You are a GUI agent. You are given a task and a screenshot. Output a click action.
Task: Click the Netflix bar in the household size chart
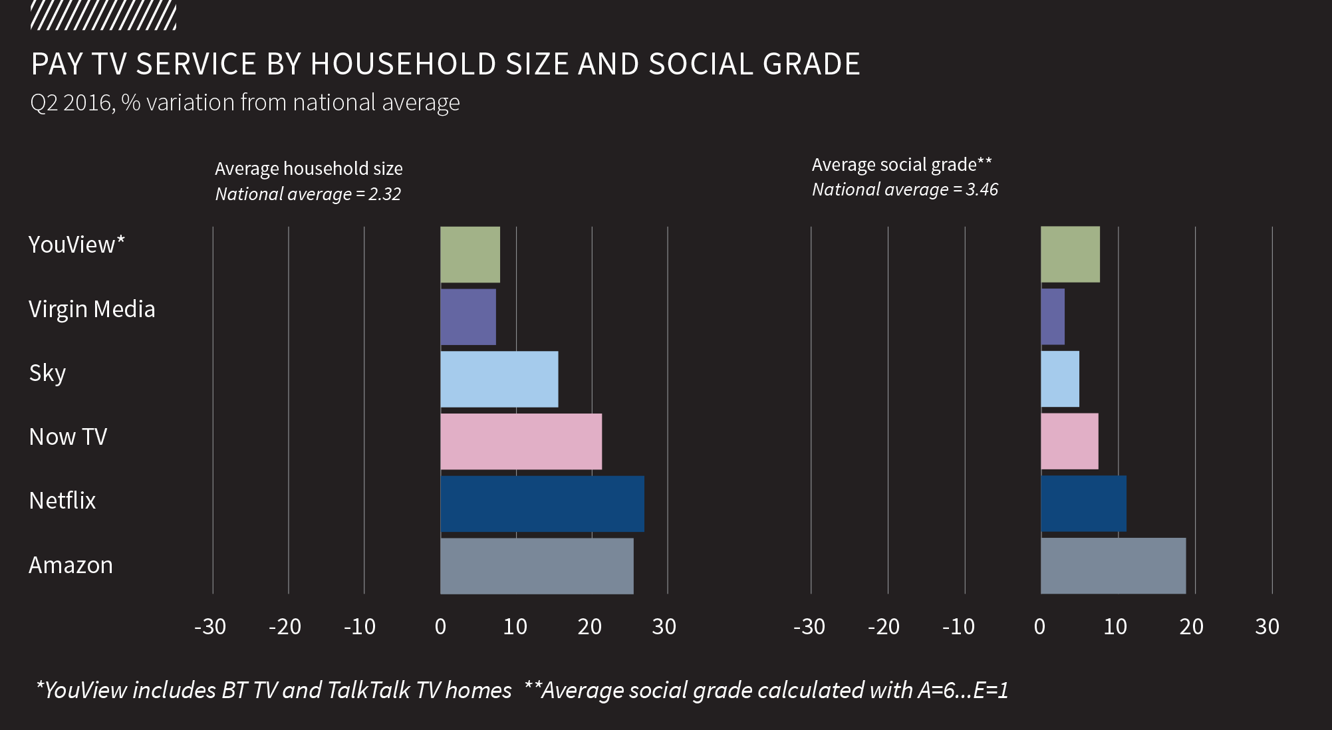[542, 504]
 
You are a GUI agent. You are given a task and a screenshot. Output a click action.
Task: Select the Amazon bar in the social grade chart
[1113, 566]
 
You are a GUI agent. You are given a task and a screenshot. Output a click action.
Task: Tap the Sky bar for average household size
[499, 379]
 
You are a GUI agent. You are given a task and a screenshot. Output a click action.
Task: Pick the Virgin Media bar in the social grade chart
[1053, 316]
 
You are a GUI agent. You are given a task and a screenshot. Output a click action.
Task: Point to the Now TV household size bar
[521, 441]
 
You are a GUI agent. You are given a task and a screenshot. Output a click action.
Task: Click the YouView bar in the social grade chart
[1070, 255]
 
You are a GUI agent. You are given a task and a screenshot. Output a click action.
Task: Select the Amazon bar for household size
[537, 566]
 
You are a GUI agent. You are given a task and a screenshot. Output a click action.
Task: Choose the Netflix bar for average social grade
[1083, 504]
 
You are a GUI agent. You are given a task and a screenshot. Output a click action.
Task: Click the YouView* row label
[76, 245]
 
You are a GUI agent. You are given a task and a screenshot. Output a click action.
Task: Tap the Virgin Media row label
[92, 309]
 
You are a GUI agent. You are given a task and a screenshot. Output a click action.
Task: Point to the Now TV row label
[68, 437]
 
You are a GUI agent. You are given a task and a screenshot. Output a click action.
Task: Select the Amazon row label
[70, 565]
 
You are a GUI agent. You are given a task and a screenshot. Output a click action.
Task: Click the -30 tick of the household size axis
[210, 626]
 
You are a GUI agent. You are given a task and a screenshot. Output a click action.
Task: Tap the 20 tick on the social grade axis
[1191, 626]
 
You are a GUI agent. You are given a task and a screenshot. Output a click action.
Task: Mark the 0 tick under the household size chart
[440, 626]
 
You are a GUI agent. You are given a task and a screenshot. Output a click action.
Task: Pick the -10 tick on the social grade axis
[958, 626]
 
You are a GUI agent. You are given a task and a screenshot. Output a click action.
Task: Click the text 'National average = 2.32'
[308, 194]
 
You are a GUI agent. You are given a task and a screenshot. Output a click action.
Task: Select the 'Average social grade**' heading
[902, 164]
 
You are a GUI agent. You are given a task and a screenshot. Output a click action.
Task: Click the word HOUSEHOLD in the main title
[403, 64]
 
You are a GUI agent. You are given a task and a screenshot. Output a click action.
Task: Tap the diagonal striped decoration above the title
[103, 16]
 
